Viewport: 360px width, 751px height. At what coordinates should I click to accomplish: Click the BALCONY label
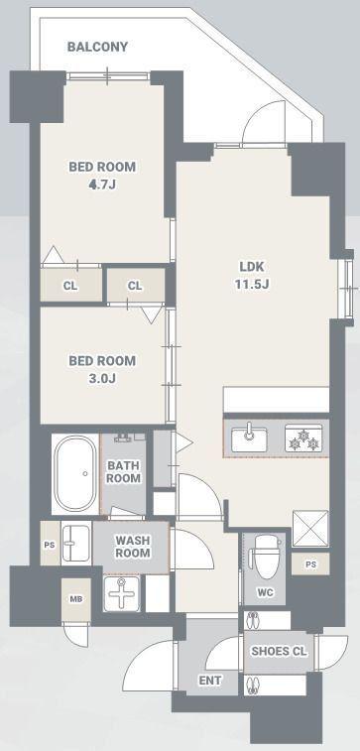97,47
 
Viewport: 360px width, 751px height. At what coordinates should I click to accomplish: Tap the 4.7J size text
102,185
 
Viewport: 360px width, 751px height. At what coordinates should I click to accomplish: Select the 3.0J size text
102,378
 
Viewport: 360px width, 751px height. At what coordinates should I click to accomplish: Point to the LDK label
252,267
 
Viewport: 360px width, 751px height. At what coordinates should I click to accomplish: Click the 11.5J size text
252,285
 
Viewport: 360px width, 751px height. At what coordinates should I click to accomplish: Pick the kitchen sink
249,438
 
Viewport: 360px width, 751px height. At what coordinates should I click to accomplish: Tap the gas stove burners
304,438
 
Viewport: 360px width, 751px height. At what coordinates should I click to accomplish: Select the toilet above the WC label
265,557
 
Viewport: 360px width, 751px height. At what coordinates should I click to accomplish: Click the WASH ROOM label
133,547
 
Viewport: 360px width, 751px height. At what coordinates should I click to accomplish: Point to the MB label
76,598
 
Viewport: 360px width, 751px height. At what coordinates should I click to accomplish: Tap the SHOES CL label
279,652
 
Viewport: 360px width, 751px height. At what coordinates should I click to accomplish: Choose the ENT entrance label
209,681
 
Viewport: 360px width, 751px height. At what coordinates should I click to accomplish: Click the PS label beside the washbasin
50,544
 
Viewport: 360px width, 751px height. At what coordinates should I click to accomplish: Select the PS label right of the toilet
310,564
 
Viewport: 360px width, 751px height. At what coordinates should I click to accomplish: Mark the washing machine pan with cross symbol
122,593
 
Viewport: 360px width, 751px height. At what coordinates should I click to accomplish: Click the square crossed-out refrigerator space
310,529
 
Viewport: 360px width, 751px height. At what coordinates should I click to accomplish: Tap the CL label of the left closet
70,286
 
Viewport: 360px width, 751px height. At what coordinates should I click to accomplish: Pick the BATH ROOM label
124,472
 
